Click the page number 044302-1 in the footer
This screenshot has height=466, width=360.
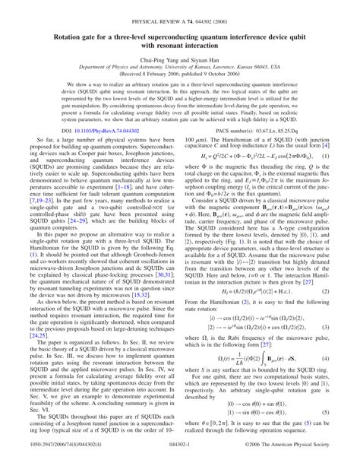(180, 458)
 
